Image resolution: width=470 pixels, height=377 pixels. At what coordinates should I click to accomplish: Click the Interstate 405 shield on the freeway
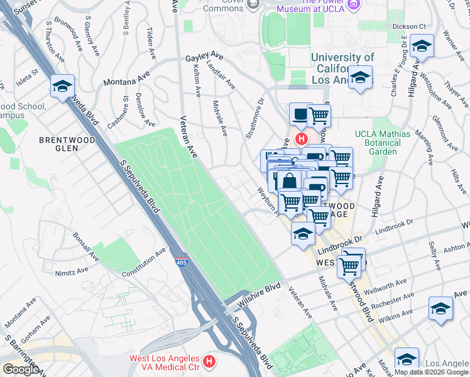(181, 263)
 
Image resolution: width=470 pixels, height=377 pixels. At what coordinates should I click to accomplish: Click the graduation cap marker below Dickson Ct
(421, 46)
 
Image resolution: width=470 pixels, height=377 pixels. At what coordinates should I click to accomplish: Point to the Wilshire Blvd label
(259, 295)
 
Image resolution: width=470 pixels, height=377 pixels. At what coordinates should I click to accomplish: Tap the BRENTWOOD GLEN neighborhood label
(58, 144)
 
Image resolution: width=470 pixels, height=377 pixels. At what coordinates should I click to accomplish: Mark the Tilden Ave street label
(150, 43)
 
